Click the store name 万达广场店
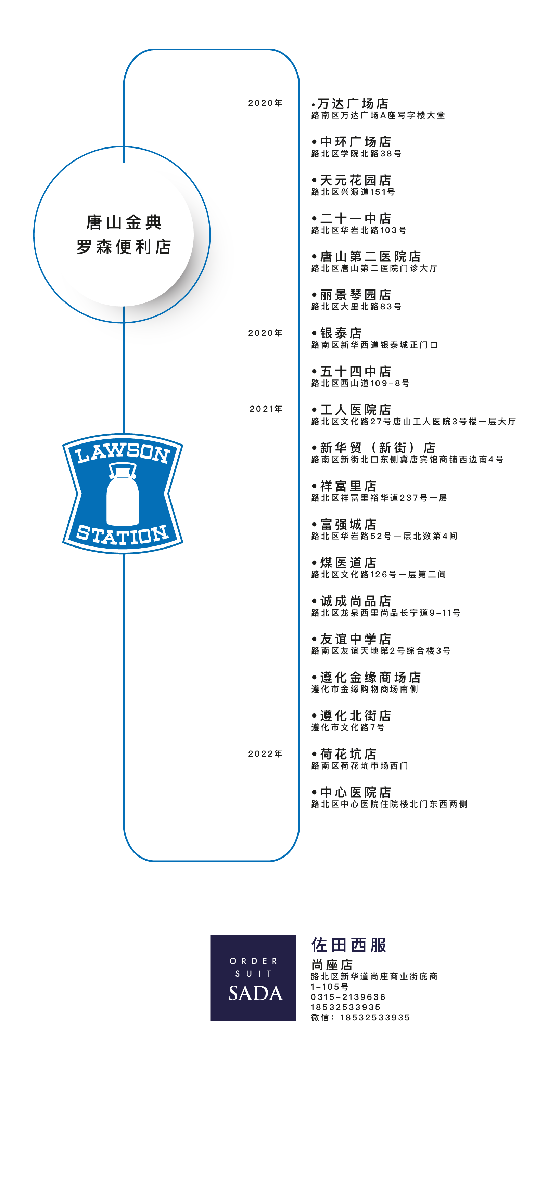coord(352,103)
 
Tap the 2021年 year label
coord(266,409)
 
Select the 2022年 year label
coord(265,753)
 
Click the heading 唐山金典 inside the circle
coord(124,222)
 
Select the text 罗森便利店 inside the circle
coord(124,246)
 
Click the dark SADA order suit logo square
coord(253,978)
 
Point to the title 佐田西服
coord(349,945)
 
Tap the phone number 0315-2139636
coord(348,997)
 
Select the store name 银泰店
coord(341,333)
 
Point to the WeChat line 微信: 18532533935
coord(360,1018)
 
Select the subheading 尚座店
coord(332,965)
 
